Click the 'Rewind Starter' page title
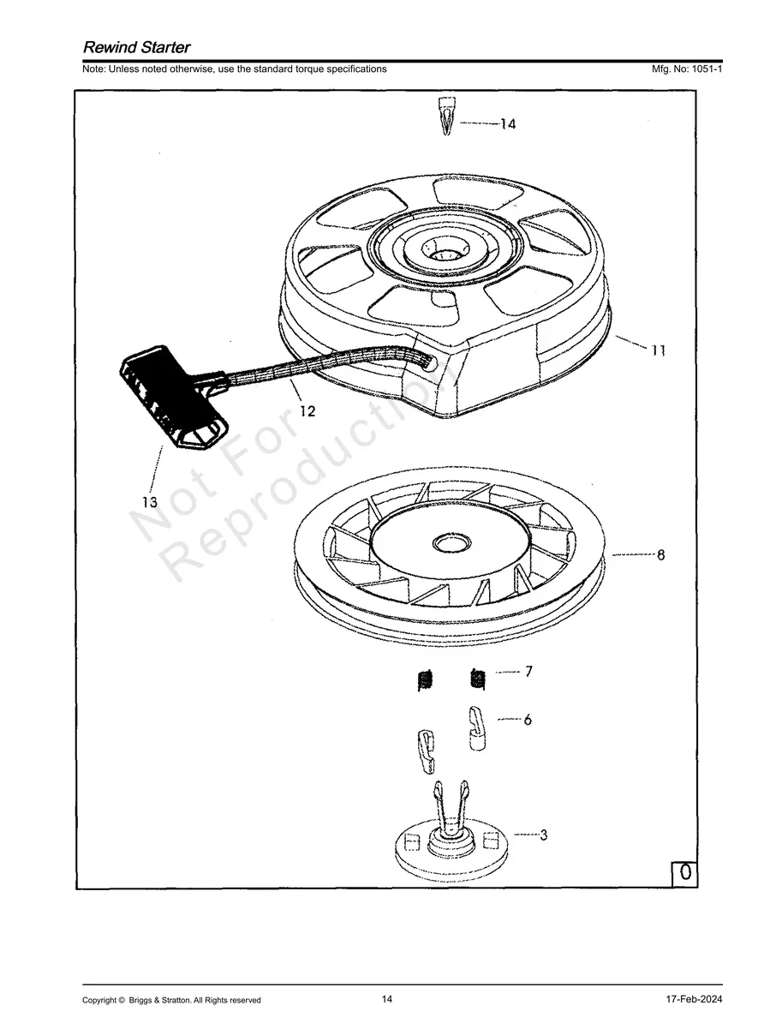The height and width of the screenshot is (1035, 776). (x=136, y=47)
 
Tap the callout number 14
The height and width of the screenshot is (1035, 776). (x=508, y=124)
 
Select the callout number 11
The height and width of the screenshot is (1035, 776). (x=658, y=350)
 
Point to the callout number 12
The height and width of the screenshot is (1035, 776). (x=307, y=411)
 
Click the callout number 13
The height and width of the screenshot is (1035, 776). (x=150, y=501)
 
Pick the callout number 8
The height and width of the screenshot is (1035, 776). (x=660, y=555)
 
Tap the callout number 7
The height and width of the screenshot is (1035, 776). (x=528, y=672)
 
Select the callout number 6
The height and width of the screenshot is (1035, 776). (x=528, y=720)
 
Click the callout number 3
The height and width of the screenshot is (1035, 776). (x=543, y=834)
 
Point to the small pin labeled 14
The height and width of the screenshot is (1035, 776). (x=445, y=117)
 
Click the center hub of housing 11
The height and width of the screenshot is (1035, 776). (x=444, y=248)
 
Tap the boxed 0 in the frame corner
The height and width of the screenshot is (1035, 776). (x=685, y=872)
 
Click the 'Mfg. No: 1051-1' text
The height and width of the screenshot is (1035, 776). (x=687, y=69)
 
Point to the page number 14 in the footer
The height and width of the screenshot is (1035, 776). (x=387, y=999)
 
